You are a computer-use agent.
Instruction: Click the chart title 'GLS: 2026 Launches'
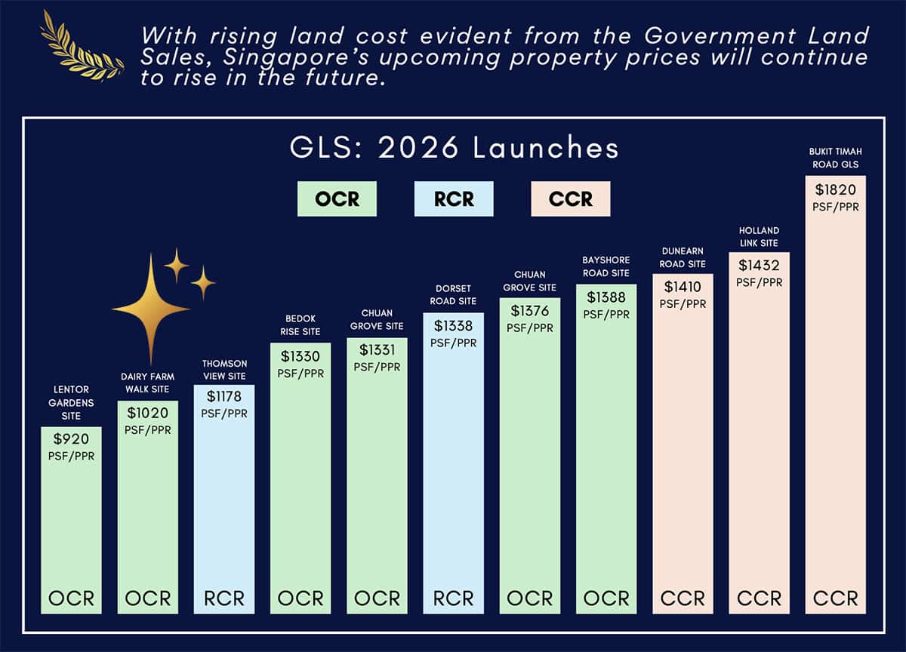455,148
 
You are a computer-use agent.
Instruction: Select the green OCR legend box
337,199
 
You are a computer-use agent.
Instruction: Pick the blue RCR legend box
454,199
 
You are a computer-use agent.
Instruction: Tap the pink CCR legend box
571,199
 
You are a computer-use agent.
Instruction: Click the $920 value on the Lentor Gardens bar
71,438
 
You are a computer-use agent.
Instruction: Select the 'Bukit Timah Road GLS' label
835,157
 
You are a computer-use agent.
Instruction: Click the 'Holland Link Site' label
759,237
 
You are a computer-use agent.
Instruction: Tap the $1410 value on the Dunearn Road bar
683,287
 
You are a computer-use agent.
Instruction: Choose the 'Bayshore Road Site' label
606,266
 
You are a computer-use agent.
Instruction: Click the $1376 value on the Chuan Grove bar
529,311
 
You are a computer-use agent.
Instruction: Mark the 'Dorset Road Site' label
453,295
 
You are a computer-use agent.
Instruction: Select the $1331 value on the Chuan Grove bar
377,350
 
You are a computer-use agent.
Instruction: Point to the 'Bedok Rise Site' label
300,325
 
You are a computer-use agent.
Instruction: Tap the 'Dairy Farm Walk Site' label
147,383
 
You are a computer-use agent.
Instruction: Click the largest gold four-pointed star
151,309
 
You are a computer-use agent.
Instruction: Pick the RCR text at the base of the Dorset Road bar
453,598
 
